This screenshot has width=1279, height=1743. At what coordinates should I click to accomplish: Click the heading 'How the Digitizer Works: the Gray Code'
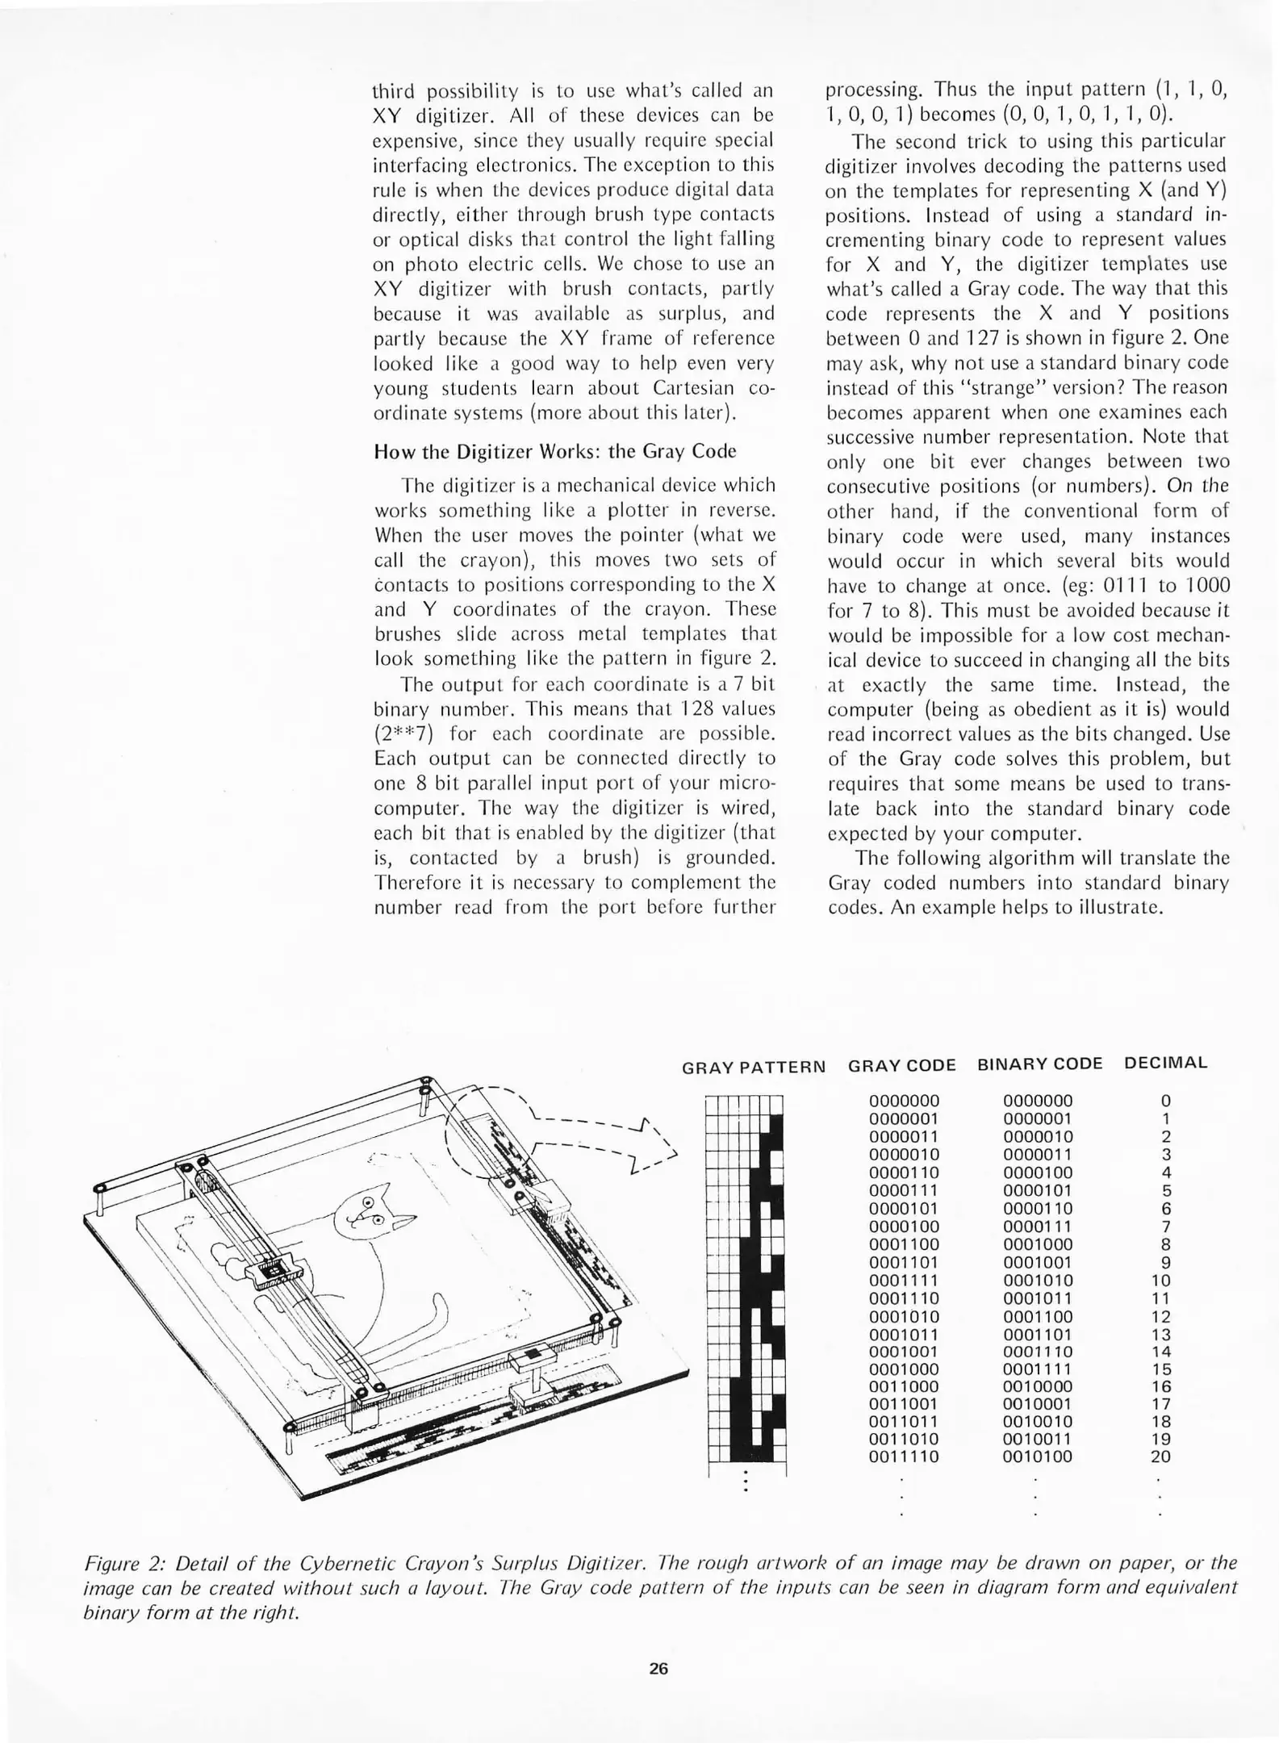point(555,451)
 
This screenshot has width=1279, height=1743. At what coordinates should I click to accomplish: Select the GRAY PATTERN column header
point(754,1068)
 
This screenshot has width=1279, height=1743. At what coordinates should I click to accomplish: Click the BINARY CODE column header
point(1039,1064)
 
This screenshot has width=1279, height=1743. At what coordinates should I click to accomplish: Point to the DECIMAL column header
point(1165,1063)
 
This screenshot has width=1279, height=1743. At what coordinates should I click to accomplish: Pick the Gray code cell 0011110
point(904,1457)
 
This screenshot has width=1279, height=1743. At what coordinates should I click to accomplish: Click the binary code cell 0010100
point(1038,1457)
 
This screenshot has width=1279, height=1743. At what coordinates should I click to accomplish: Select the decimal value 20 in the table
point(1160,1457)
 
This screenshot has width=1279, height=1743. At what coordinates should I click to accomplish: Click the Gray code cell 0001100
point(904,1244)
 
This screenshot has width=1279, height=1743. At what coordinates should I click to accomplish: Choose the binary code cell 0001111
point(1038,1368)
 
